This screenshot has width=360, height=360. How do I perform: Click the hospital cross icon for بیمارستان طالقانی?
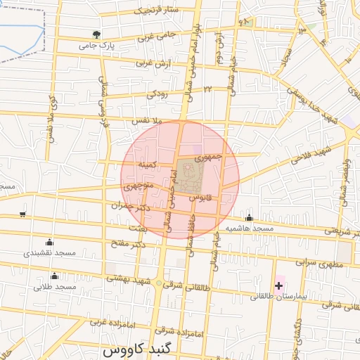(x=279, y=285)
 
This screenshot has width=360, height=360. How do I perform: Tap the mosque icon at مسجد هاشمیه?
(x=248, y=217)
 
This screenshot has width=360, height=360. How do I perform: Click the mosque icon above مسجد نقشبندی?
(x=49, y=242)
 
